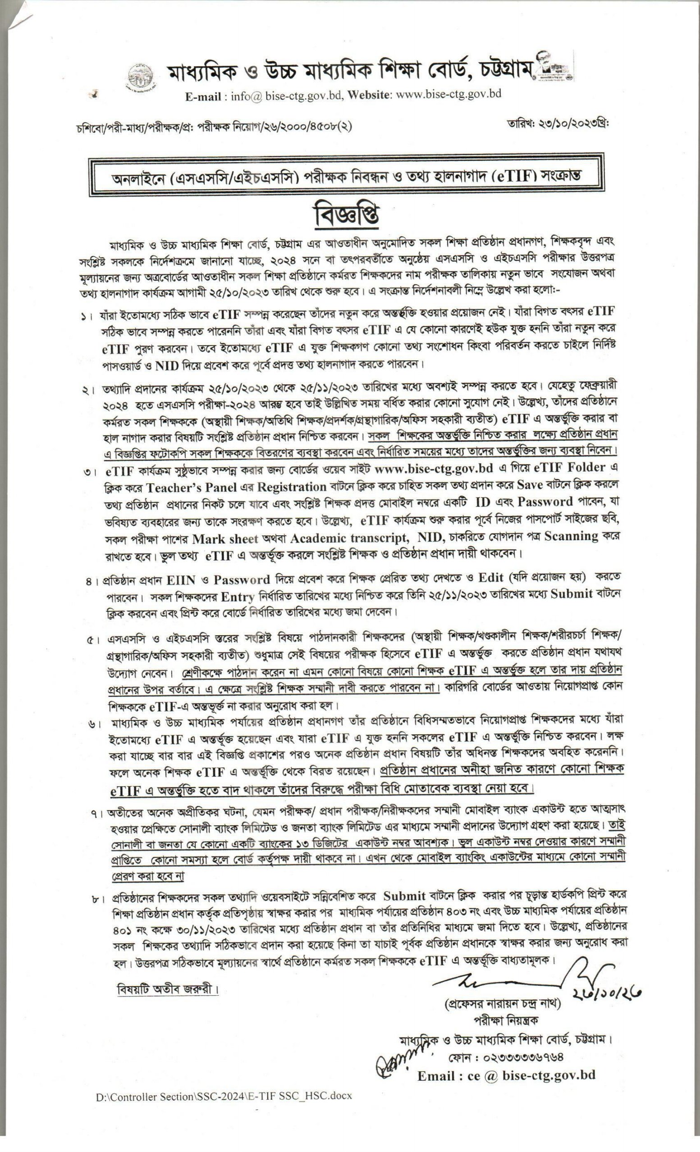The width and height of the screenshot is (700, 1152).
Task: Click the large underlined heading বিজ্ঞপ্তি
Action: tap(347, 215)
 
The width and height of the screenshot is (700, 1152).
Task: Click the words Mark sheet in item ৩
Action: tap(225, 538)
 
